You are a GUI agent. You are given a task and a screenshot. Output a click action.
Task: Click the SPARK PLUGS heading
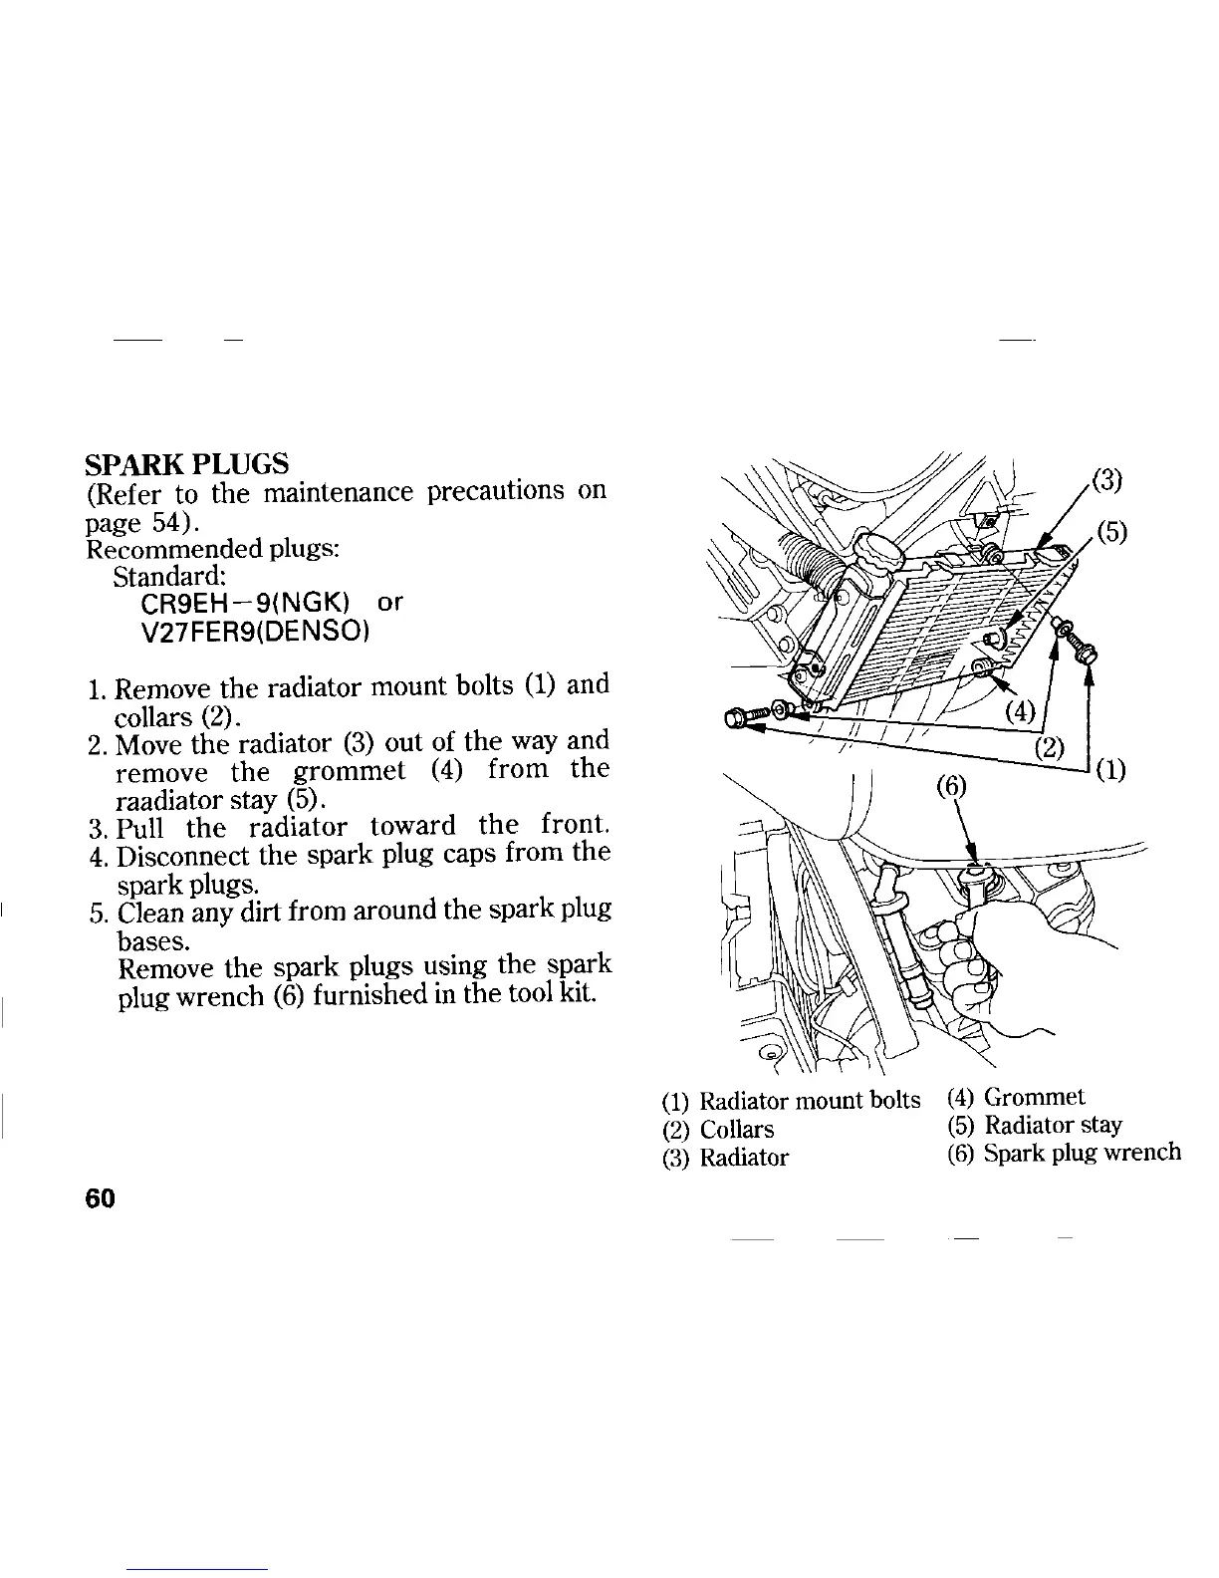pyautogui.click(x=187, y=464)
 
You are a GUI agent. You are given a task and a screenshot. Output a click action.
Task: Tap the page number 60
pyautogui.click(x=101, y=1198)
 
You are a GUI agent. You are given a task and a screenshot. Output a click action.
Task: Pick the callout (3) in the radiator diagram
pyautogui.click(x=1106, y=482)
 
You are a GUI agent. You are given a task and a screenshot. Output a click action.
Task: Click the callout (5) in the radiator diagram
pyautogui.click(x=1111, y=531)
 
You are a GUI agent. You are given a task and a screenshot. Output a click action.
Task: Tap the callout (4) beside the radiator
pyautogui.click(x=1020, y=711)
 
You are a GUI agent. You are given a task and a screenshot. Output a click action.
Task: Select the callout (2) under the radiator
pyautogui.click(x=1050, y=747)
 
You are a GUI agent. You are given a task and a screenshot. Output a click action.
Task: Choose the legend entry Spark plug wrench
pyautogui.click(x=1082, y=1153)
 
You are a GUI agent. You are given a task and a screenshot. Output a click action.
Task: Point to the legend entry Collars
pyautogui.click(x=736, y=1130)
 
